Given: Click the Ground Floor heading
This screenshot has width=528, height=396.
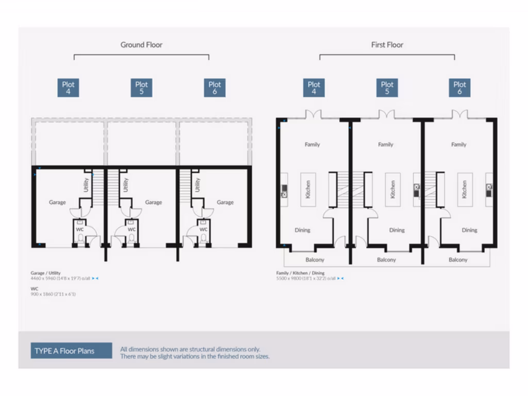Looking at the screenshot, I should click(141, 45).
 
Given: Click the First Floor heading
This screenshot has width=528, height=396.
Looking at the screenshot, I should click(387, 45).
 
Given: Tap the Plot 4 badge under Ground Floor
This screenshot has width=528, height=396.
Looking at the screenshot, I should click(69, 88).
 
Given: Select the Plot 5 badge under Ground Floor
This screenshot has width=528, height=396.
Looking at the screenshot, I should click(141, 88).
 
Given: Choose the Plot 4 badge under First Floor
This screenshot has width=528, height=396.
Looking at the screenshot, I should click(313, 88).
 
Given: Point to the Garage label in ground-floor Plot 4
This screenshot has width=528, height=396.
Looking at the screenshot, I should click(57, 202).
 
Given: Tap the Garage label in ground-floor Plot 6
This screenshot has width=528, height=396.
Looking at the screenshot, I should click(225, 202).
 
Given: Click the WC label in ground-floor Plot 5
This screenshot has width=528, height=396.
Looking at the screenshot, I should click(131, 229).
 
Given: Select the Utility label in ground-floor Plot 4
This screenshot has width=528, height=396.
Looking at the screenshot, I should click(86, 185).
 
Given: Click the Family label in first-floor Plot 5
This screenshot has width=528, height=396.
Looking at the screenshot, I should click(386, 144).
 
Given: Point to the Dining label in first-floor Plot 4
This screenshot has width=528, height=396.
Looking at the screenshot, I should click(303, 230).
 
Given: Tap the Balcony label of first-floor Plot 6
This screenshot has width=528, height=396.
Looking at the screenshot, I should click(458, 260).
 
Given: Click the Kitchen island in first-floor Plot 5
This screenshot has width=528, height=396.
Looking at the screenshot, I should click(392, 189).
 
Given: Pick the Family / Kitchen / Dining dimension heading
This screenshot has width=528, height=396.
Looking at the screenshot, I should click(301, 273).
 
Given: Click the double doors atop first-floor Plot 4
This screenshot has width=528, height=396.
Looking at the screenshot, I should click(313, 114).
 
